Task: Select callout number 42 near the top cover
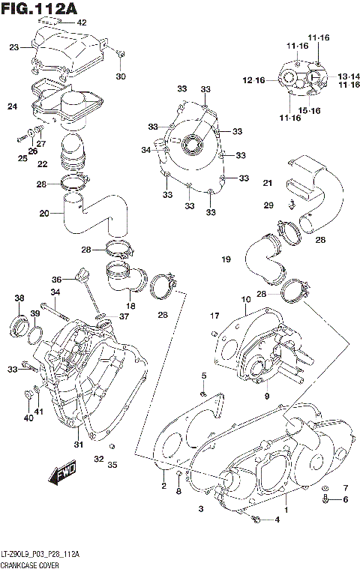click(82, 22)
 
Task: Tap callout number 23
click(13, 47)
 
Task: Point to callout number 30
click(121, 76)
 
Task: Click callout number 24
click(12, 106)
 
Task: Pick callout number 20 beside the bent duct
click(44, 213)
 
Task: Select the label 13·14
click(347, 77)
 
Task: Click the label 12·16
click(253, 80)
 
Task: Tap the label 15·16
click(310, 111)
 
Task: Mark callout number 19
click(225, 259)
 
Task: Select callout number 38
click(19, 298)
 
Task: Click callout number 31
click(76, 445)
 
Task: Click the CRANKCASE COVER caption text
click(31, 564)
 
